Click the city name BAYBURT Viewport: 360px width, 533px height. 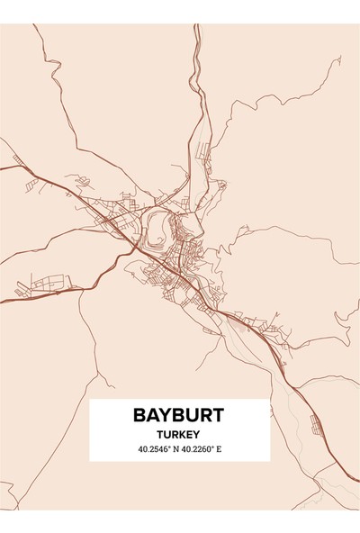[x=179, y=416]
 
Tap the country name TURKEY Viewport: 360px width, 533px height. [x=179, y=434]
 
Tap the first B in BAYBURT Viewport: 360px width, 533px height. [x=139, y=416]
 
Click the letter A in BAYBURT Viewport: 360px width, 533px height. [x=152, y=416]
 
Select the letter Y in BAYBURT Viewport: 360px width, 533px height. [x=165, y=416]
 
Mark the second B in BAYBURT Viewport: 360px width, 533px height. [x=177, y=416]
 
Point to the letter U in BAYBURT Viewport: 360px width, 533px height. [x=191, y=416]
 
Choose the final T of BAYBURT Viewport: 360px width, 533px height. [x=217, y=416]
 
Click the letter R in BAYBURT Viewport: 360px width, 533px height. [x=204, y=416]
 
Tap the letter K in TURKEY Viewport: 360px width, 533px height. [x=182, y=434]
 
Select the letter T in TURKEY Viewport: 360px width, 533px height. [x=160, y=434]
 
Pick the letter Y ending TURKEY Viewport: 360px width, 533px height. [x=198, y=434]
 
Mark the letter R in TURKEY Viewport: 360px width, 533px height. [x=175, y=434]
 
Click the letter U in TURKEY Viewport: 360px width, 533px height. [x=167, y=434]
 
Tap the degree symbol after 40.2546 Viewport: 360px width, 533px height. [x=172, y=446]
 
